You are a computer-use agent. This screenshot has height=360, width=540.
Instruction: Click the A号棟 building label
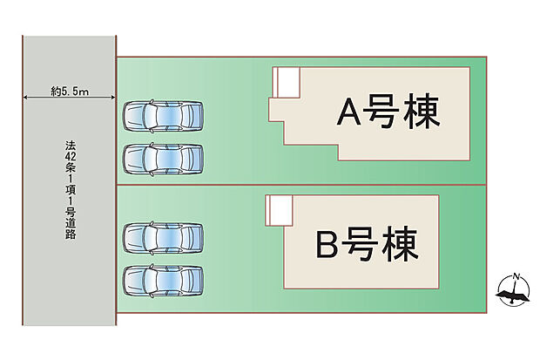tap(388, 112)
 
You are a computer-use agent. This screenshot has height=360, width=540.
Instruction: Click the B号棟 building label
tap(367, 245)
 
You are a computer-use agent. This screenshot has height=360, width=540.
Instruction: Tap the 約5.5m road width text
tap(70, 90)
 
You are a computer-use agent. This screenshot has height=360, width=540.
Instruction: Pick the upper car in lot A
tap(163, 115)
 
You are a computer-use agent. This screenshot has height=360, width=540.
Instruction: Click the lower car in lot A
tap(163, 158)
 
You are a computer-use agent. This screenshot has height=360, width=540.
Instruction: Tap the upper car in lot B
tap(163, 236)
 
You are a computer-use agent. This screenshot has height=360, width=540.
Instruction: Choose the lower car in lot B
tap(163, 280)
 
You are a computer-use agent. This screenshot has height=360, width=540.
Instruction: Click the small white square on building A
tap(287, 82)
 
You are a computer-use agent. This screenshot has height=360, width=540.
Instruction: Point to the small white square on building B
tap(279, 209)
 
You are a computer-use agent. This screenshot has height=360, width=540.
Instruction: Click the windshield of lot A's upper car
tap(185, 115)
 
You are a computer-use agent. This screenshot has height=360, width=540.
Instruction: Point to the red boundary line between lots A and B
tap(300, 185)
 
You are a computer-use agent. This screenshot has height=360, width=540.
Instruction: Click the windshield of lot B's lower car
tap(185, 280)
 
